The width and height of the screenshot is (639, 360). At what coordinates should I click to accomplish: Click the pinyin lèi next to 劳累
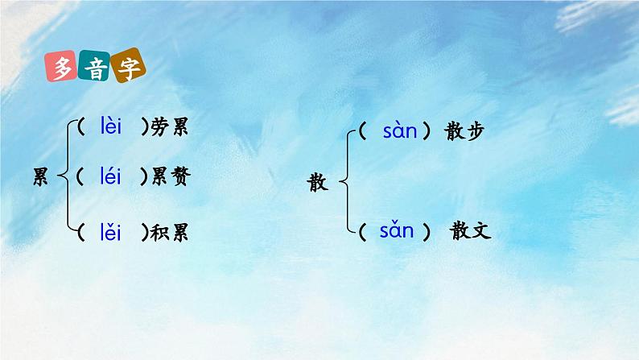click(111, 126)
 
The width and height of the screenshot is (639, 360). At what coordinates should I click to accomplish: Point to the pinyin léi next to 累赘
click(111, 176)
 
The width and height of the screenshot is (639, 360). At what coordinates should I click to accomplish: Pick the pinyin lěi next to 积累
click(111, 233)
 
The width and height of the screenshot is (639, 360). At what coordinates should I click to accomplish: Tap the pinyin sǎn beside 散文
click(397, 232)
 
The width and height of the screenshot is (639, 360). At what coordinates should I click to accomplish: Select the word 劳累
click(170, 127)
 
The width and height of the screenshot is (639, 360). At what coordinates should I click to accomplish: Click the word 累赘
click(170, 177)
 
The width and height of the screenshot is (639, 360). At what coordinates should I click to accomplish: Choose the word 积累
click(170, 234)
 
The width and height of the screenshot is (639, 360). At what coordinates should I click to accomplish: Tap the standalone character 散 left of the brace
click(319, 183)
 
